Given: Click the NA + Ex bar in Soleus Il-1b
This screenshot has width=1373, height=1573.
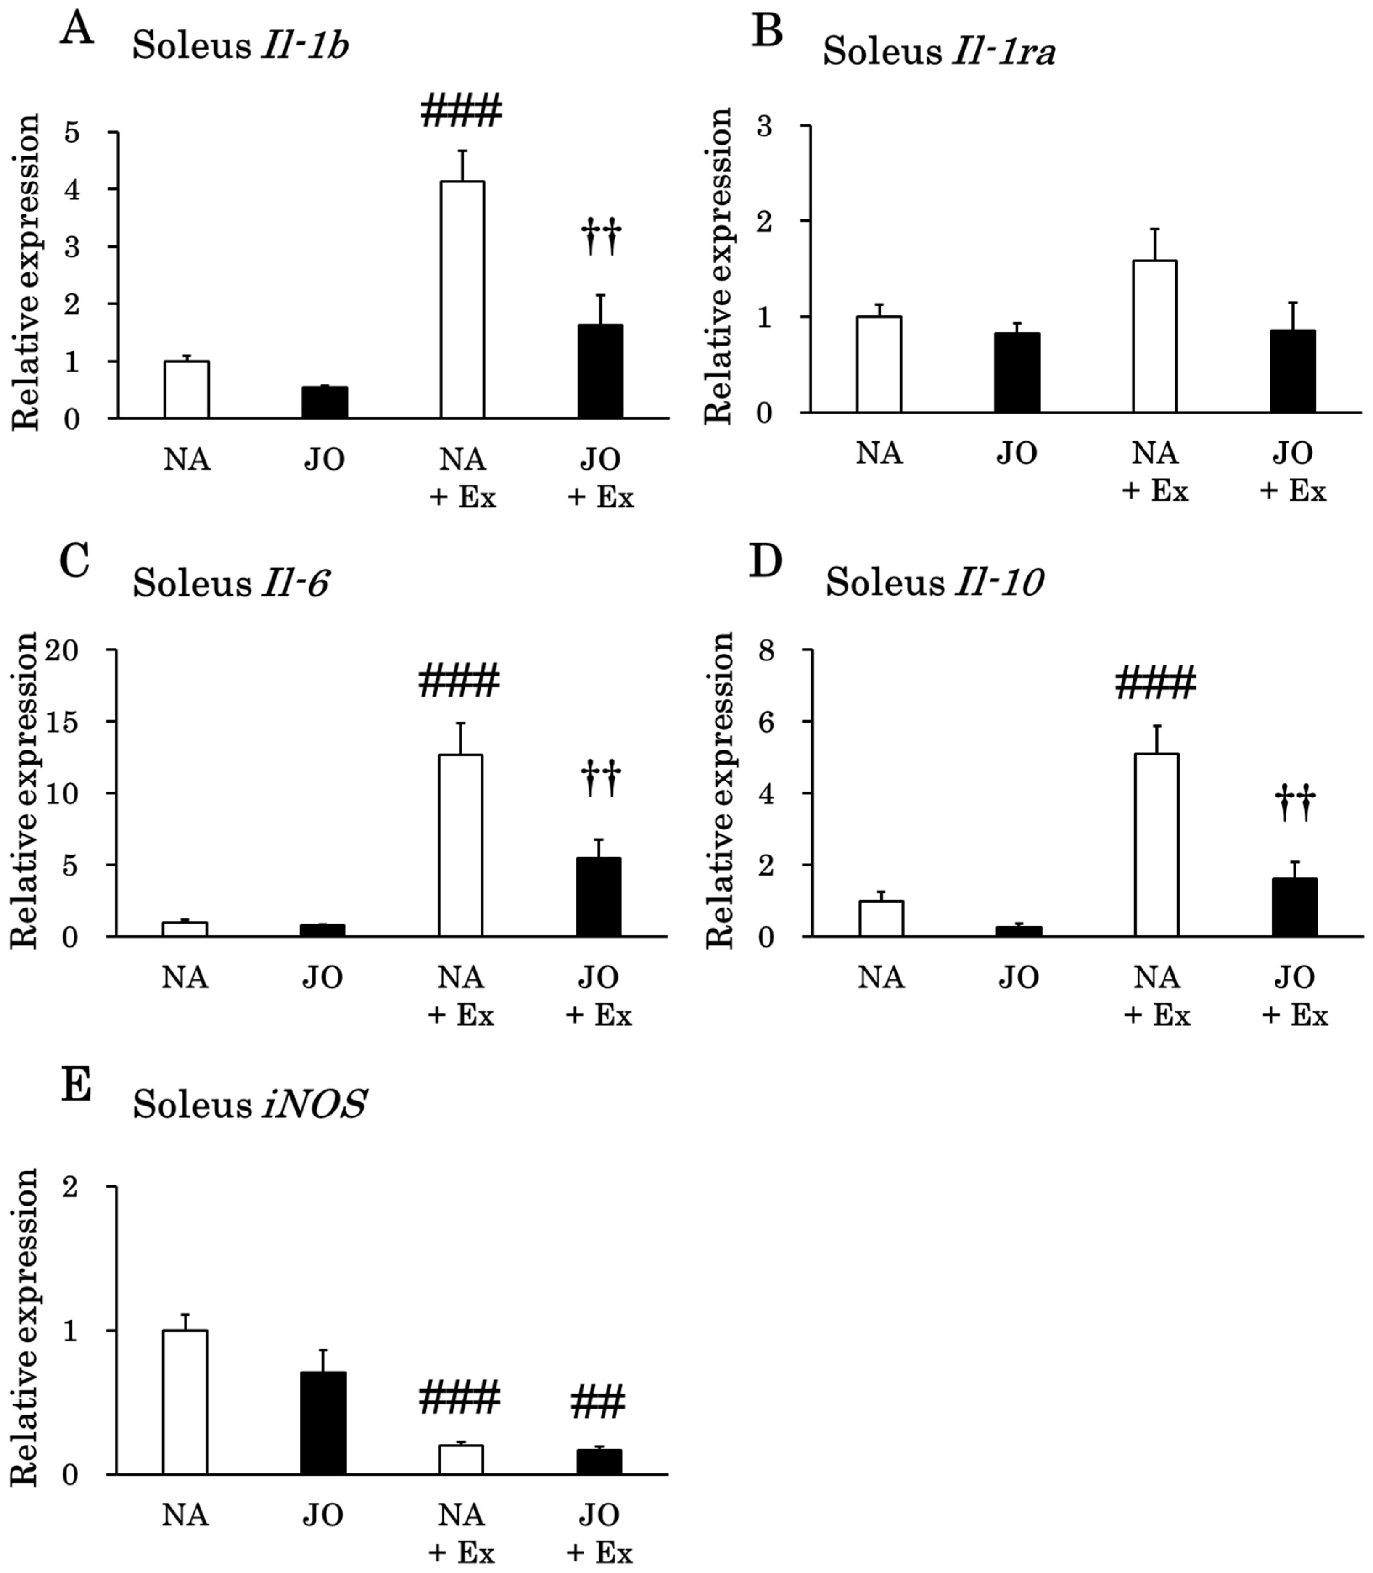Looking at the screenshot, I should coord(462,300).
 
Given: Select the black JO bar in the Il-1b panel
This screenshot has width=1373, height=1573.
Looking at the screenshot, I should coord(324,402).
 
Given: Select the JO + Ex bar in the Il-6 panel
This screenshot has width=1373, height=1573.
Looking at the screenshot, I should coord(598,897).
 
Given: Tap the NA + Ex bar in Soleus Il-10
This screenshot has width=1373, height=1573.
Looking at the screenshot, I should coord(1156,845).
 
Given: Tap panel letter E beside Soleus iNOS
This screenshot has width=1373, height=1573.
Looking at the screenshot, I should coord(76,1088).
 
